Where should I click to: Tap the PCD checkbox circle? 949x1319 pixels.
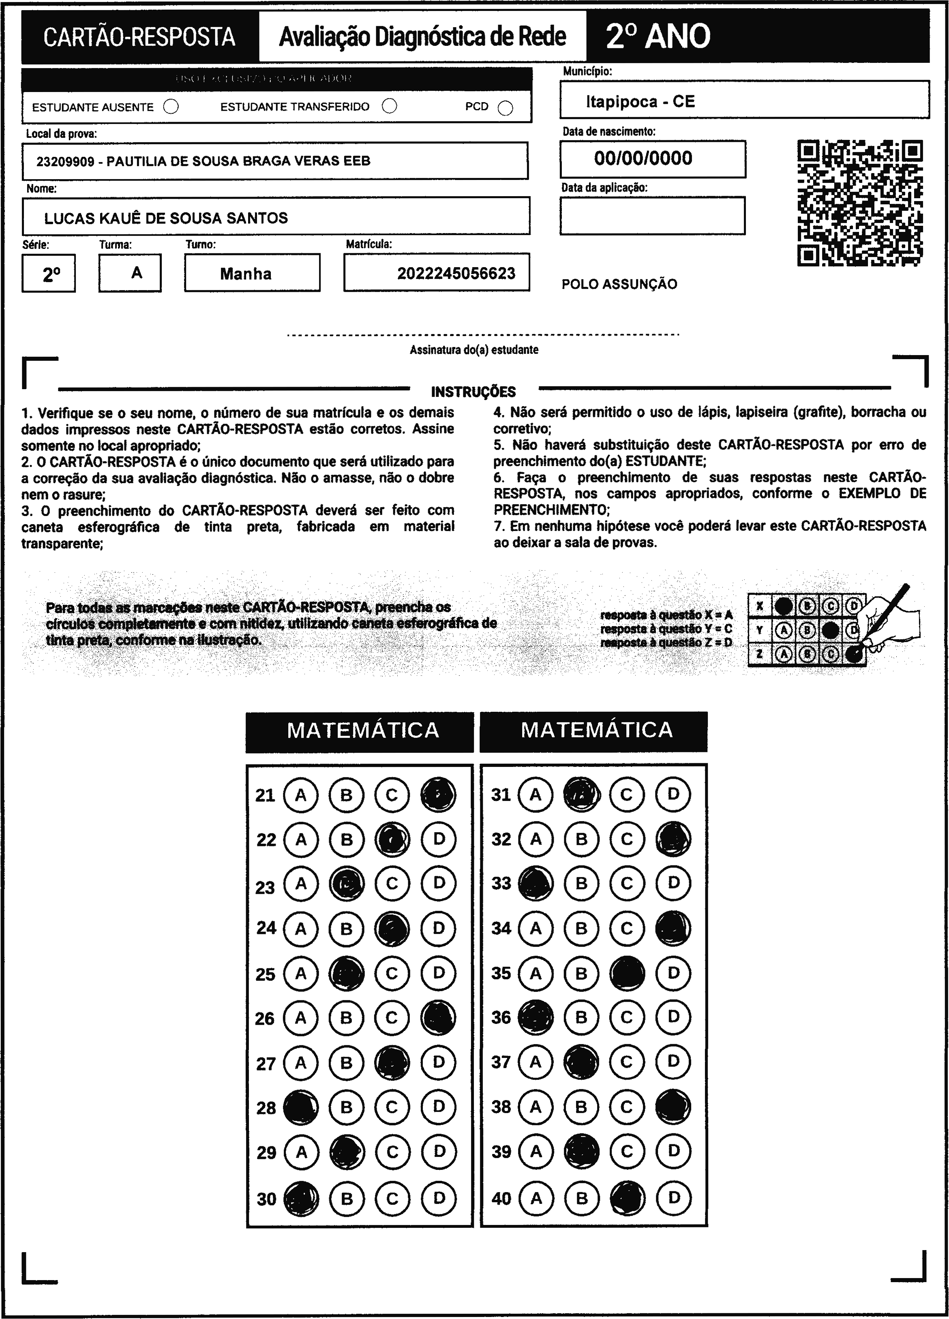click(506, 108)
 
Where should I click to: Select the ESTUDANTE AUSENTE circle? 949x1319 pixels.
click(171, 107)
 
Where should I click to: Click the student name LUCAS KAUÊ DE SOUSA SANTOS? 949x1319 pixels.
click(166, 218)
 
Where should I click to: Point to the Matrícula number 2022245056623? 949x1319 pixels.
click(456, 273)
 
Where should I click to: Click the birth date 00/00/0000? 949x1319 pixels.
click(643, 158)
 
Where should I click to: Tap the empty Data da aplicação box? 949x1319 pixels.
click(652, 216)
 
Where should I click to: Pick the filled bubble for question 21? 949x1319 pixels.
click(438, 795)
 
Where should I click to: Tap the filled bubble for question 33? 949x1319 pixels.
click(536, 883)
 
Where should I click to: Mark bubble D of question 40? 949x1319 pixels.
click(673, 1198)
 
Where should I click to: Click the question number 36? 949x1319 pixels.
click(501, 1018)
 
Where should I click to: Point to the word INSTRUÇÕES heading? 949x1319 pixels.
click(473, 392)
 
